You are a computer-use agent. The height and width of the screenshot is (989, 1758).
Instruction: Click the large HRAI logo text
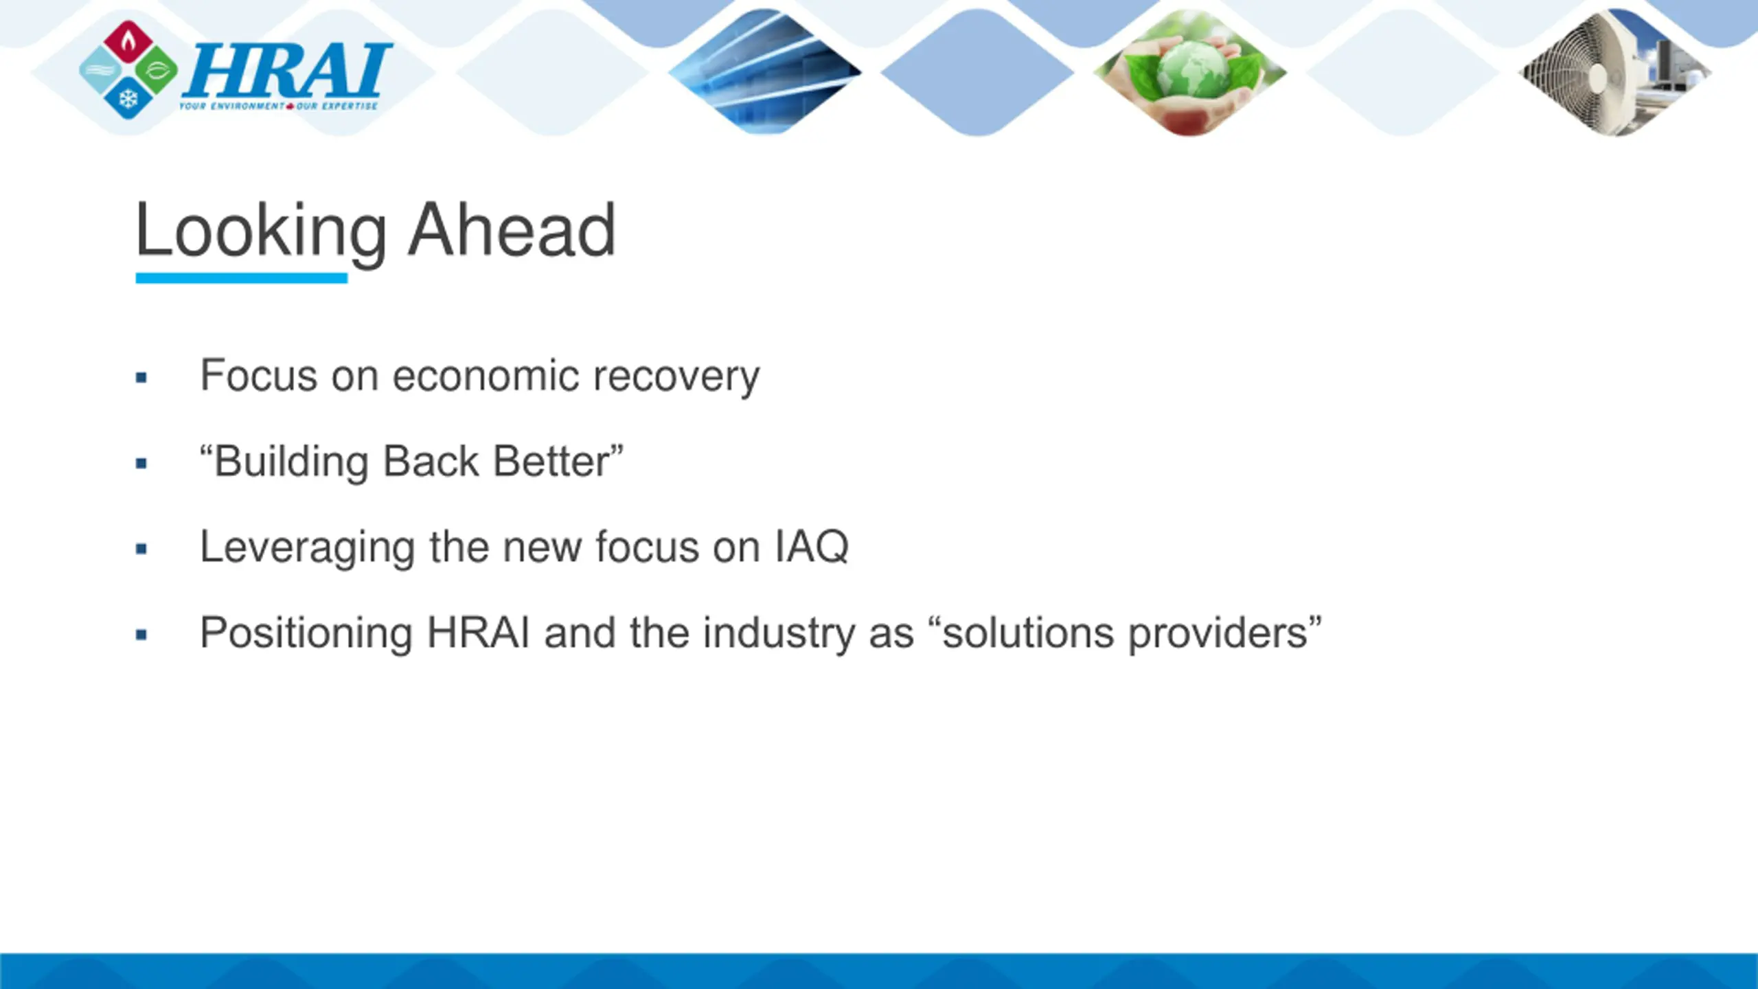pos(287,70)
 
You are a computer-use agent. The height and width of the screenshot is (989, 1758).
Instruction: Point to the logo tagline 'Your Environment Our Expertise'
pos(278,106)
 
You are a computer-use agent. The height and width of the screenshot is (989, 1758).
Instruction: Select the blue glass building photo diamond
pos(764,71)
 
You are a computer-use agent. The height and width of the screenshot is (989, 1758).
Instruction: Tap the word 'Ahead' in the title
pos(512,231)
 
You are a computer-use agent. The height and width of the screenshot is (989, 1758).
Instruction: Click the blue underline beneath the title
pos(242,278)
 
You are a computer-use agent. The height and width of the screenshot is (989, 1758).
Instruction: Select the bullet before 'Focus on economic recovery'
pos(141,377)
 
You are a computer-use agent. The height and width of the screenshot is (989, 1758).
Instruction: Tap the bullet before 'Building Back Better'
pos(141,464)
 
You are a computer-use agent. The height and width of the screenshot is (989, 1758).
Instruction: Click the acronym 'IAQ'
pos(812,548)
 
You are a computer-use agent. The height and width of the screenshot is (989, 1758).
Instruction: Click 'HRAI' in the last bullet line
pos(478,633)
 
